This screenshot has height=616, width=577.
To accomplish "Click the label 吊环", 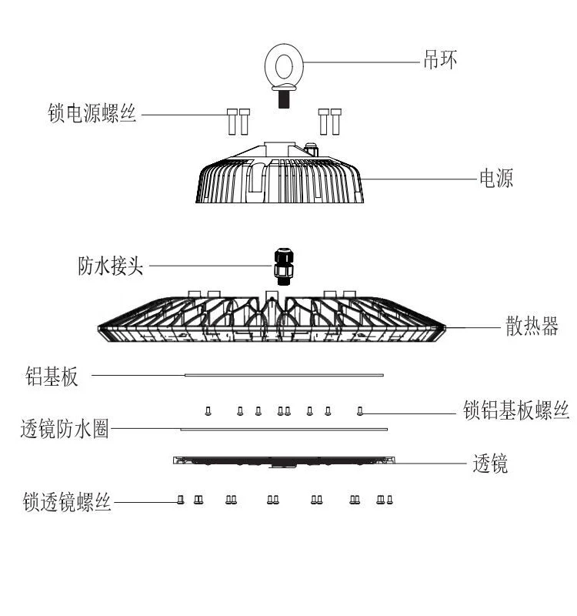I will (442, 59).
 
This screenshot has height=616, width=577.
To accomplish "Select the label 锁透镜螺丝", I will (68, 503).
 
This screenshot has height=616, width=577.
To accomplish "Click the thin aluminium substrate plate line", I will (285, 376).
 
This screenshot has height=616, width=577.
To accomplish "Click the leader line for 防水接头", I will (208, 266).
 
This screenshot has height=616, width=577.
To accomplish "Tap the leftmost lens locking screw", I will (180, 499).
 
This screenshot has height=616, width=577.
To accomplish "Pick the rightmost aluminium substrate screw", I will (359, 410).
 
